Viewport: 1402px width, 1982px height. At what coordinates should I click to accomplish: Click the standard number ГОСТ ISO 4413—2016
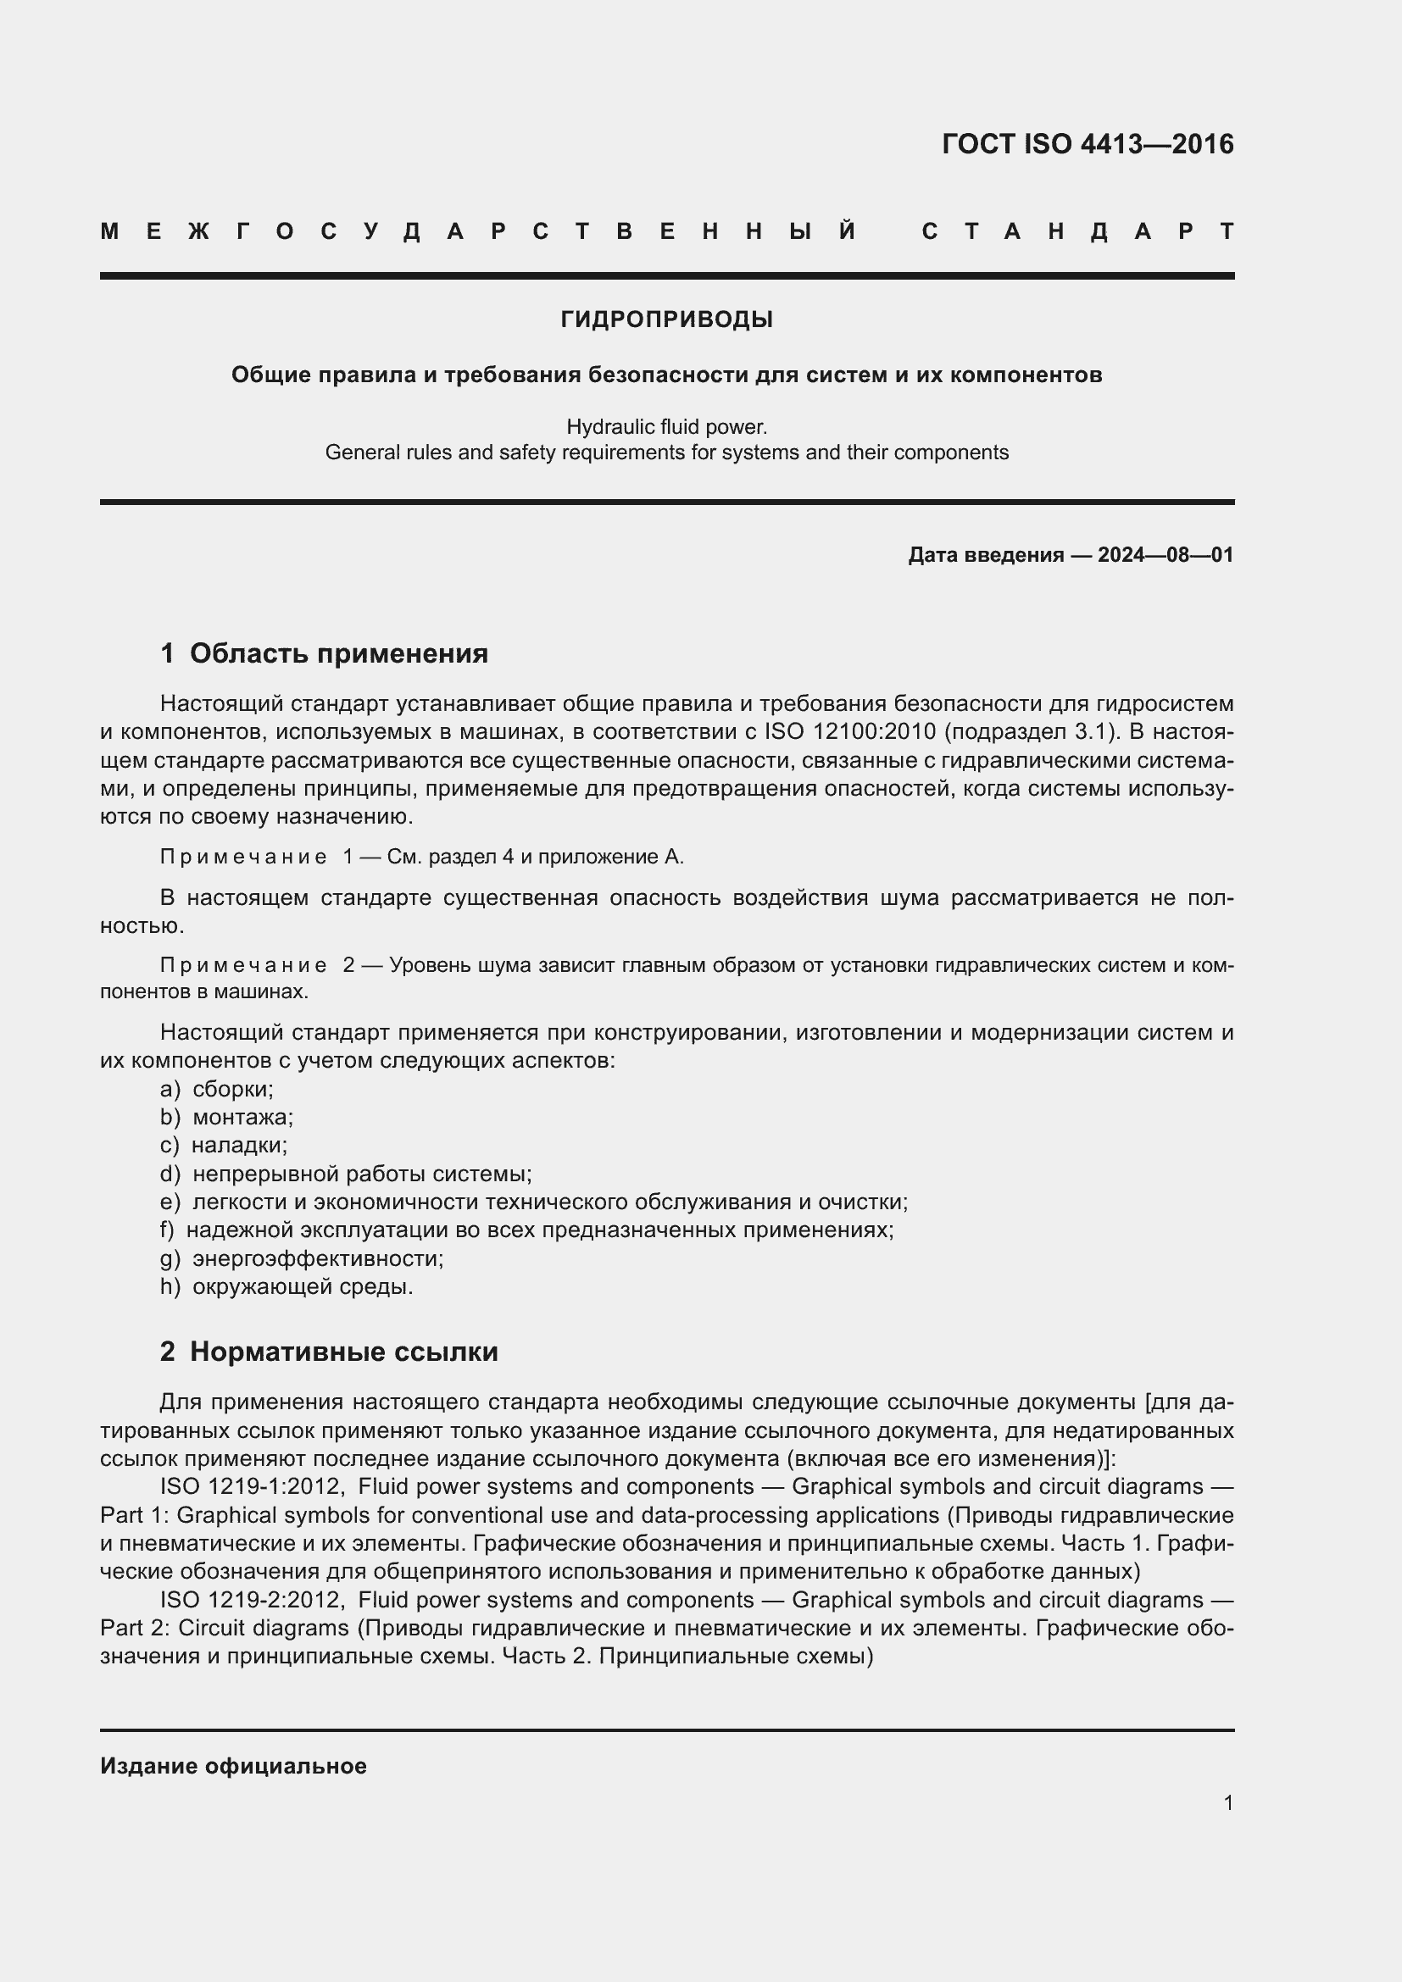click(1087, 143)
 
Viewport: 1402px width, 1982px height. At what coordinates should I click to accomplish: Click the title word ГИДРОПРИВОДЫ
click(666, 320)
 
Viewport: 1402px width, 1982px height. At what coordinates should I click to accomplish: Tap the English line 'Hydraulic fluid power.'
click(666, 426)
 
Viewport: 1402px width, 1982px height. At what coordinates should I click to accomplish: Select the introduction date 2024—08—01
click(1165, 555)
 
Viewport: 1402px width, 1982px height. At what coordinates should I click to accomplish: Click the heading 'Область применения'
click(338, 653)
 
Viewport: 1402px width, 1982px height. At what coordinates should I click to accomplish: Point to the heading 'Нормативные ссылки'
click(343, 1352)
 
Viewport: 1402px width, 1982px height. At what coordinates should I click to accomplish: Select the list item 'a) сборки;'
click(217, 1090)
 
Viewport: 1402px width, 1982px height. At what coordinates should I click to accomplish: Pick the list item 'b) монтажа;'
click(226, 1118)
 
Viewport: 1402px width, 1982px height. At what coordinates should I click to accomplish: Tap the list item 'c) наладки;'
click(223, 1146)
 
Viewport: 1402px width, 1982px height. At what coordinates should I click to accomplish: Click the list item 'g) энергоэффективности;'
click(301, 1258)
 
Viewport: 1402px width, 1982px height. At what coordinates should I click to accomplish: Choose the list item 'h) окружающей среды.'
click(286, 1287)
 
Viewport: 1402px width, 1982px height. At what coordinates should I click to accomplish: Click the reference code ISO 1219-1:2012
click(252, 1486)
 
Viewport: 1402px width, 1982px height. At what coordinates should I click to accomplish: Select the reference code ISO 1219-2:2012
click(252, 1600)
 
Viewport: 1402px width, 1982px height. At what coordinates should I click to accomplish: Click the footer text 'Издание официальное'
click(233, 1766)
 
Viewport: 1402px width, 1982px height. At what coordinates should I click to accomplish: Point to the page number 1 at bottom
click(1227, 1802)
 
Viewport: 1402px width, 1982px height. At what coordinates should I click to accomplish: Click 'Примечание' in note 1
click(243, 858)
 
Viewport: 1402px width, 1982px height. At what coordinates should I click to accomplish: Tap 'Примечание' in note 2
click(243, 965)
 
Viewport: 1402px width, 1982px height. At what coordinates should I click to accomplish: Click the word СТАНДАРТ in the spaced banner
click(1077, 231)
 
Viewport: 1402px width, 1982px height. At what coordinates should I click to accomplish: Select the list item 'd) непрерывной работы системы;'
click(345, 1174)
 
